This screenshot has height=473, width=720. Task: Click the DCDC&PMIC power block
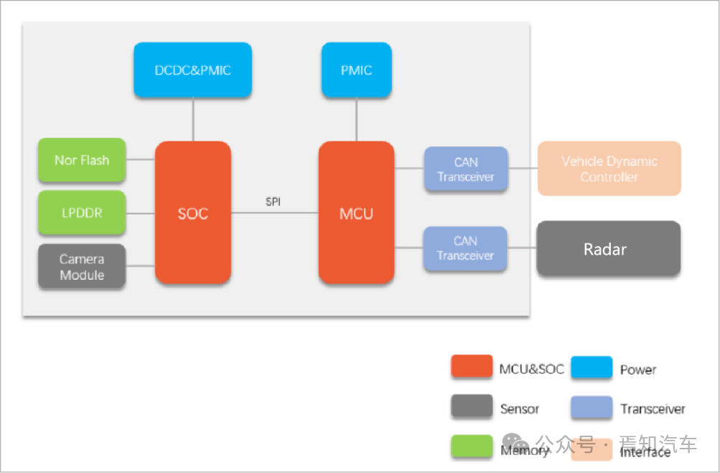tap(193, 70)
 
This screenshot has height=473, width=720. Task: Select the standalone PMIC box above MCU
tap(356, 70)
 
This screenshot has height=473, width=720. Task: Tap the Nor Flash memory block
tap(82, 160)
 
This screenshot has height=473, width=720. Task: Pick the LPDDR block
tap(82, 212)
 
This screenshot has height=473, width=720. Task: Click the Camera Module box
tap(82, 266)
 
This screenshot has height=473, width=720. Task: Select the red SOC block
tap(193, 212)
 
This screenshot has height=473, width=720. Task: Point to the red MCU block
tap(356, 212)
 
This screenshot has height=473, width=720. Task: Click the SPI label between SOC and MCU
tap(273, 202)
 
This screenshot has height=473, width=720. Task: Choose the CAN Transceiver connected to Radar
tap(465, 248)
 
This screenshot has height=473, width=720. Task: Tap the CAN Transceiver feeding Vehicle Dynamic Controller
tap(466, 169)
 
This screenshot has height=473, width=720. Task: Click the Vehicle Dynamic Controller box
tap(609, 169)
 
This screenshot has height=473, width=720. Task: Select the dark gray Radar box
tap(609, 248)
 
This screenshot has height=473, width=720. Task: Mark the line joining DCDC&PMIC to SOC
tap(193, 119)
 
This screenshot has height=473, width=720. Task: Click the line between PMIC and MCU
tap(356, 119)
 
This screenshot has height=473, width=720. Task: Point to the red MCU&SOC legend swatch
tap(472, 366)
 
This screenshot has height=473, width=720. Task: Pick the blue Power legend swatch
tap(592, 367)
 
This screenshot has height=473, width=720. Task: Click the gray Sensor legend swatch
tap(472, 406)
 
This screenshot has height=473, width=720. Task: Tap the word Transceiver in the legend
tap(653, 408)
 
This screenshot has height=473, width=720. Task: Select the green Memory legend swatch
tap(472, 446)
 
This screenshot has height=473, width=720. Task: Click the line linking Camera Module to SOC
tap(140, 266)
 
